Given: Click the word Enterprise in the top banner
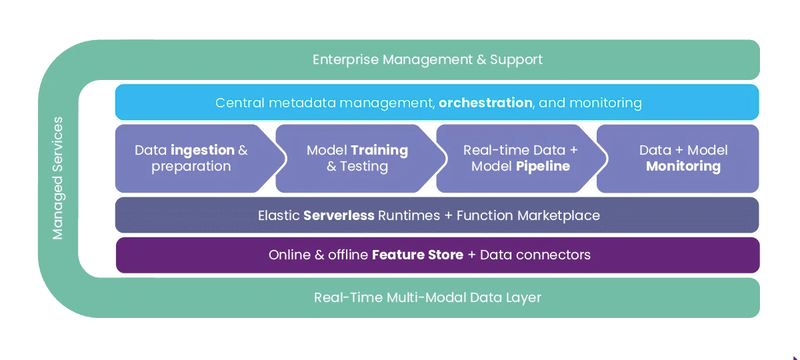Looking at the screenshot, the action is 345,59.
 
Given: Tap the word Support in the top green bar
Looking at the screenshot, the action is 516,59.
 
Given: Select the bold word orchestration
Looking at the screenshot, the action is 485,103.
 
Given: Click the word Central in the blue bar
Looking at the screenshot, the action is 240,103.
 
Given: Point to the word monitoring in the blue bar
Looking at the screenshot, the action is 605,103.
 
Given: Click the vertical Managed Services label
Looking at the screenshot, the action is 57,178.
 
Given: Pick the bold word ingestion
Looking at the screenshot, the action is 203,151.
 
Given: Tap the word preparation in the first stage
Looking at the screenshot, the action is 191,167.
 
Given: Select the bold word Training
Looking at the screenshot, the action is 379,151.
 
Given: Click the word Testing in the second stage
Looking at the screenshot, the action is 363,167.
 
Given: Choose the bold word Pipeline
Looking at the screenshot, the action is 543,167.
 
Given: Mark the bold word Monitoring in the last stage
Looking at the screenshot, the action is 683,167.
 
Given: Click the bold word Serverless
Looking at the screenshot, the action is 339,216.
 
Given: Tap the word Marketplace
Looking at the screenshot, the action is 559,216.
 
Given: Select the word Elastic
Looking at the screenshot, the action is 279,216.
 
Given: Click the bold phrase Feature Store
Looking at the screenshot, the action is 417,255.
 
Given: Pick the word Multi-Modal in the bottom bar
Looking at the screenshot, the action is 427,297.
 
